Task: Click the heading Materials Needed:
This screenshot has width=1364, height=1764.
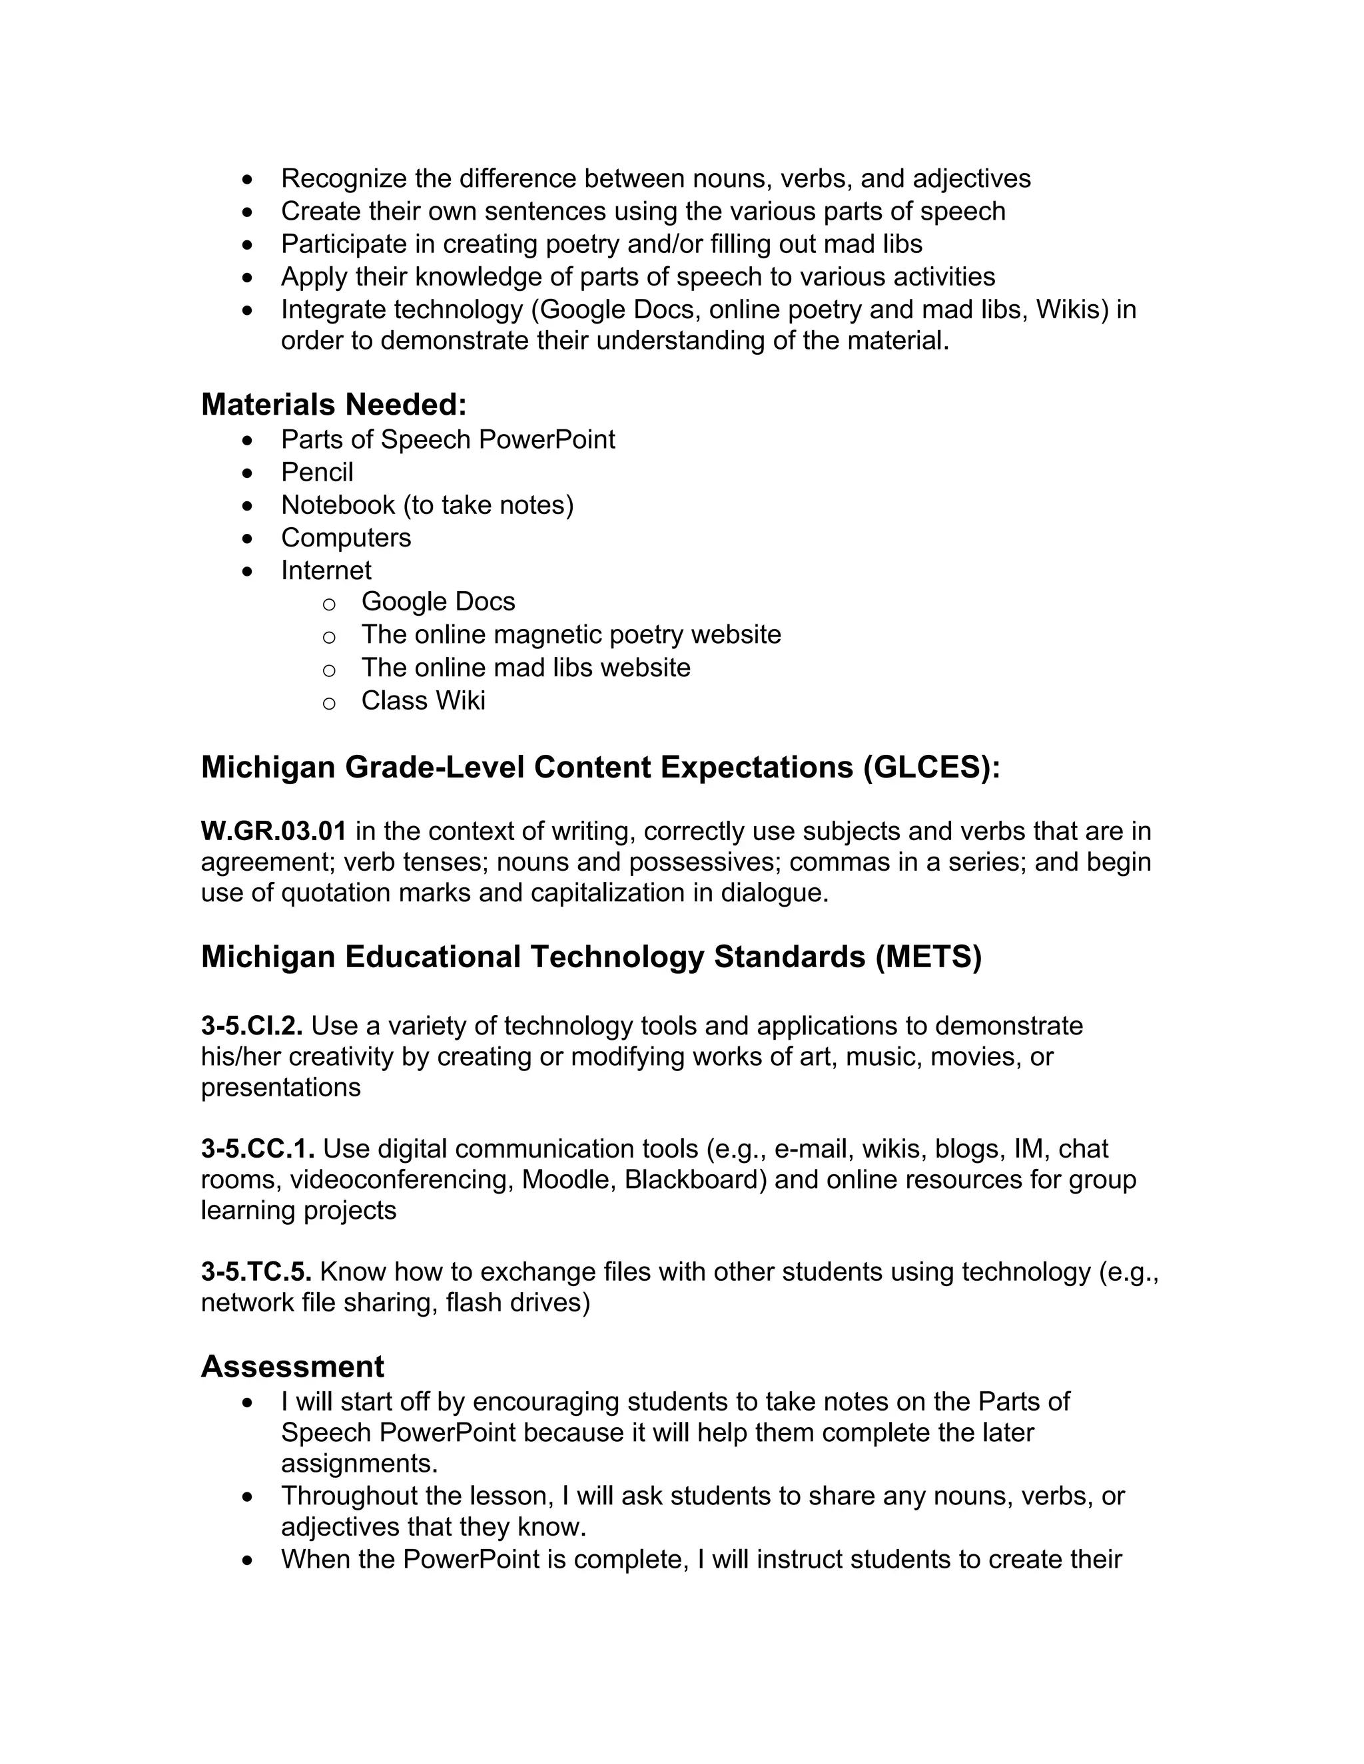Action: coord(334,405)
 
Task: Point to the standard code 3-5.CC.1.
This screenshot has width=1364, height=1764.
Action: coord(258,1148)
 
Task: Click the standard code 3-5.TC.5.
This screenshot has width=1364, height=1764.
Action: coord(256,1271)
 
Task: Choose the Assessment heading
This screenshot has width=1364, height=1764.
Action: coord(292,1367)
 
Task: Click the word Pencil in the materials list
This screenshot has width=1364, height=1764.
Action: coord(317,472)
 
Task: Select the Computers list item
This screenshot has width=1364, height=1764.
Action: coord(346,537)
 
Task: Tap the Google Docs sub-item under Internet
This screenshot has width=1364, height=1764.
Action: coord(438,602)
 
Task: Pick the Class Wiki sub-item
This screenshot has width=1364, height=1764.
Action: coord(423,700)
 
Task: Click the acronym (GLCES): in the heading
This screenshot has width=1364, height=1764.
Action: coord(931,768)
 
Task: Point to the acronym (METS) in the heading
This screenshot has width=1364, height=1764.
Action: coord(928,957)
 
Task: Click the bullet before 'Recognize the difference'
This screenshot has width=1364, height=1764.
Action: coord(247,178)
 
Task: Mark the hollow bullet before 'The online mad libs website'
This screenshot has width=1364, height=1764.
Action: coord(329,670)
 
